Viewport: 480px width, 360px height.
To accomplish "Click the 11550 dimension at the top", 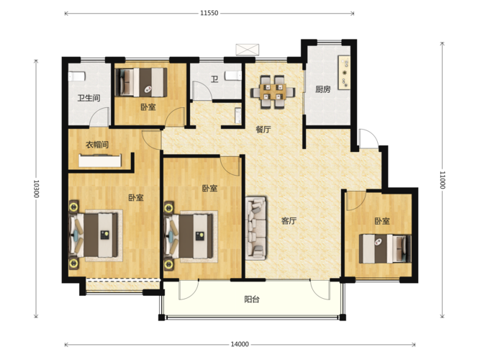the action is pyautogui.click(x=209, y=13).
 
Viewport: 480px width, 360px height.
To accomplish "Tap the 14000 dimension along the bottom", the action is pyautogui.click(x=240, y=344).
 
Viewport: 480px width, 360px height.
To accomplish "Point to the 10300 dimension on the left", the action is pyautogui.click(x=36, y=189).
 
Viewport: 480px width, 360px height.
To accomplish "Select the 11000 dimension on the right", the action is pyautogui.click(x=442, y=180).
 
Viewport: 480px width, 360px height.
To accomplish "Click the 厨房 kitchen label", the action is pyautogui.click(x=323, y=89).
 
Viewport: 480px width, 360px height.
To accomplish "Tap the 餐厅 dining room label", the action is pyautogui.click(x=263, y=130).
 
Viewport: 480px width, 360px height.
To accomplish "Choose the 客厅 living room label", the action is pyautogui.click(x=289, y=221).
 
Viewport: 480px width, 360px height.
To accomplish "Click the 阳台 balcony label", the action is pyautogui.click(x=252, y=300).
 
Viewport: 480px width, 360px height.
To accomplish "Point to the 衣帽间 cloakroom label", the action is pyautogui.click(x=97, y=144).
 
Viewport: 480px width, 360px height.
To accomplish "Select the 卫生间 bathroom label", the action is pyautogui.click(x=89, y=98).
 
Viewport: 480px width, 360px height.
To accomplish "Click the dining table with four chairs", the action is pyautogui.click(x=273, y=91).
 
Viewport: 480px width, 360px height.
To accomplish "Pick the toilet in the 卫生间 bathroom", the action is pyautogui.click(x=76, y=76).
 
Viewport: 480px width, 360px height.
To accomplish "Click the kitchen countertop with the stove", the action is pyautogui.click(x=344, y=73).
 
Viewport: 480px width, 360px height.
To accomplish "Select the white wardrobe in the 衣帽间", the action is pyautogui.click(x=100, y=161).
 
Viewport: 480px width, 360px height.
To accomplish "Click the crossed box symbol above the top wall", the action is pyautogui.click(x=248, y=50).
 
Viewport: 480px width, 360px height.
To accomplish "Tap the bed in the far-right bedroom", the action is pyautogui.click(x=385, y=248).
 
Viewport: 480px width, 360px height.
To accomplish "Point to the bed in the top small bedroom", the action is pyautogui.click(x=141, y=82).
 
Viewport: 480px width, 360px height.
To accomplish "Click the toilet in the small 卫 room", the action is pyautogui.click(x=233, y=76).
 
